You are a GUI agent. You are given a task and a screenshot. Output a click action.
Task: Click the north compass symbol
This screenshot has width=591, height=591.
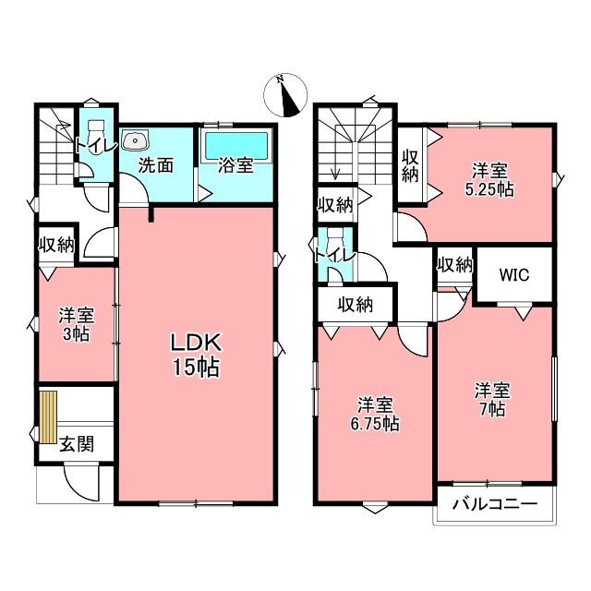(x=285, y=95)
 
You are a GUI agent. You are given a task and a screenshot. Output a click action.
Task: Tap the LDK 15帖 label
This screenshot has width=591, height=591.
(x=196, y=355)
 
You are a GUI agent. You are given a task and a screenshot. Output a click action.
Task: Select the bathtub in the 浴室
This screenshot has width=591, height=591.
(x=236, y=146)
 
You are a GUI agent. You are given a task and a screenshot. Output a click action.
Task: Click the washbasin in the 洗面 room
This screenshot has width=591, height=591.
(x=135, y=141)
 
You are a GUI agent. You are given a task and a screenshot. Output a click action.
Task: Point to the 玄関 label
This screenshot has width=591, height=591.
(x=77, y=444)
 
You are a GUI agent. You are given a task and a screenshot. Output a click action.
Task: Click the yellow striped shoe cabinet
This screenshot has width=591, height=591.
(x=49, y=416)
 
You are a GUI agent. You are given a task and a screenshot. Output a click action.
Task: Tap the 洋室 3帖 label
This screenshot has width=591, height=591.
(x=77, y=324)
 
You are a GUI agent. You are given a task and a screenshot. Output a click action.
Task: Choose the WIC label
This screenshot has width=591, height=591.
(x=514, y=275)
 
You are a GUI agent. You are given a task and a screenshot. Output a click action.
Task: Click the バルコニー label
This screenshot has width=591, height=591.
(x=495, y=504)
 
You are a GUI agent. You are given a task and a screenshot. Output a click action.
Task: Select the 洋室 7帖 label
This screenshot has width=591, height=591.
(x=492, y=399)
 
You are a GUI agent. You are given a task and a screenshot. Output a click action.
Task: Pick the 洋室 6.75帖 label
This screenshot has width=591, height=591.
(x=376, y=414)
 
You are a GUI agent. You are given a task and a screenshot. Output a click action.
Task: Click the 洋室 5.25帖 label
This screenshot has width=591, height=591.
(x=489, y=180)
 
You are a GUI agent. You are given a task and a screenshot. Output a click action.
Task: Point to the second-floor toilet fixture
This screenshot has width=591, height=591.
(x=334, y=238)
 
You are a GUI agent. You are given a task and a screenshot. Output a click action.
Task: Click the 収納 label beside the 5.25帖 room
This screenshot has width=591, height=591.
(x=410, y=166)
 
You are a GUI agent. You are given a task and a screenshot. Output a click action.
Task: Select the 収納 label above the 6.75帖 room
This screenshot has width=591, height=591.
(x=356, y=304)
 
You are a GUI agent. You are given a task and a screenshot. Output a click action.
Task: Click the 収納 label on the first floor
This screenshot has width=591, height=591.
(x=57, y=246)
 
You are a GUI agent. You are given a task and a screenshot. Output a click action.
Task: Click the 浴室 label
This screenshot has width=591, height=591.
(x=235, y=165)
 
